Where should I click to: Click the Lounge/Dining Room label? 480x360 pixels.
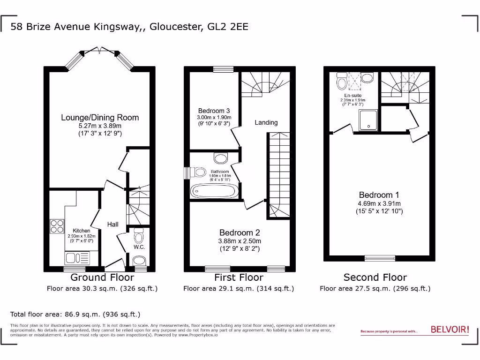tap(100, 117)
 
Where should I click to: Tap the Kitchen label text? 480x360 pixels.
tap(82, 231)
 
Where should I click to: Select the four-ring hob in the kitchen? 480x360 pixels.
tap(57, 227)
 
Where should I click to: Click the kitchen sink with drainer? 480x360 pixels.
tap(78, 257)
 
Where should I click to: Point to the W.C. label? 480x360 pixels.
tap(139, 247)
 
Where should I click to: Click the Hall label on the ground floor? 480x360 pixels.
tap(112, 225)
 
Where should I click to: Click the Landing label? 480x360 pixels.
tap(266, 122)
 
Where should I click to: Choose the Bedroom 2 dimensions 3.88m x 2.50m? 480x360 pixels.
tap(240, 241)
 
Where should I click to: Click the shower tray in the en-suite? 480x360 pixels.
tap(369, 120)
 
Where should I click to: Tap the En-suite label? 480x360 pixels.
tap(353, 95)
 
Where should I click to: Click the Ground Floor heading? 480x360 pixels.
tap(102, 277)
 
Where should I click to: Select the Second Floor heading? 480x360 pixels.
tap(375, 277)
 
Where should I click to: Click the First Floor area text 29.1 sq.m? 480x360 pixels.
tap(239, 289)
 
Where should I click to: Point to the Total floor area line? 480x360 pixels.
tap(75, 314)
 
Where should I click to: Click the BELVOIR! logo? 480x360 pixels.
tap(450, 330)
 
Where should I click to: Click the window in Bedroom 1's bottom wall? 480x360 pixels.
tap(380, 257)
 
